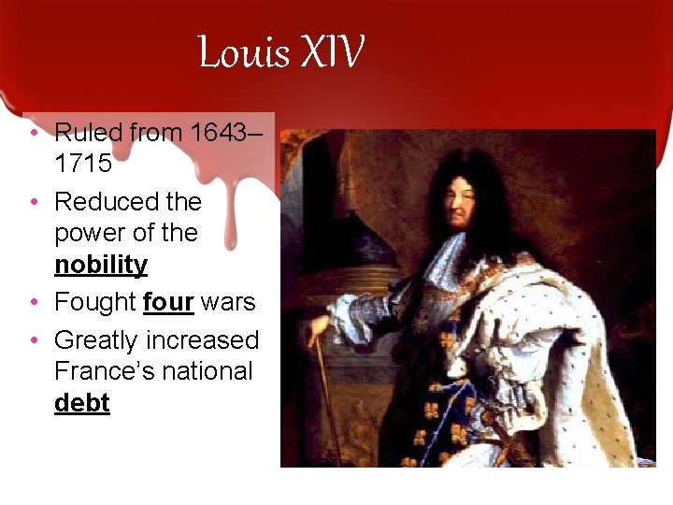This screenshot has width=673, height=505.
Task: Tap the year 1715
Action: (x=83, y=164)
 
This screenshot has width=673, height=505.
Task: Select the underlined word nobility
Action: (x=101, y=265)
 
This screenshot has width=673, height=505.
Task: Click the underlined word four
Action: (x=168, y=302)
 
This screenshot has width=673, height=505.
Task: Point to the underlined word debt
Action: (x=82, y=403)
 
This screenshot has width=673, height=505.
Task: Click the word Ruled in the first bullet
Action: (x=86, y=133)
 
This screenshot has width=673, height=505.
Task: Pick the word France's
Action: (x=106, y=371)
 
